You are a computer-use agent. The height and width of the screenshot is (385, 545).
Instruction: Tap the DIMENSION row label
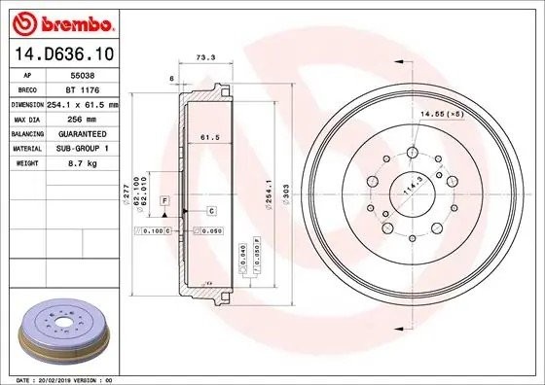[27, 103]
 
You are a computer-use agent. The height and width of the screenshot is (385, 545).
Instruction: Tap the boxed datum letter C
[210, 210]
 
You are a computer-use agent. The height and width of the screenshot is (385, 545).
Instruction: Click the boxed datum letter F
[165, 199]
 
